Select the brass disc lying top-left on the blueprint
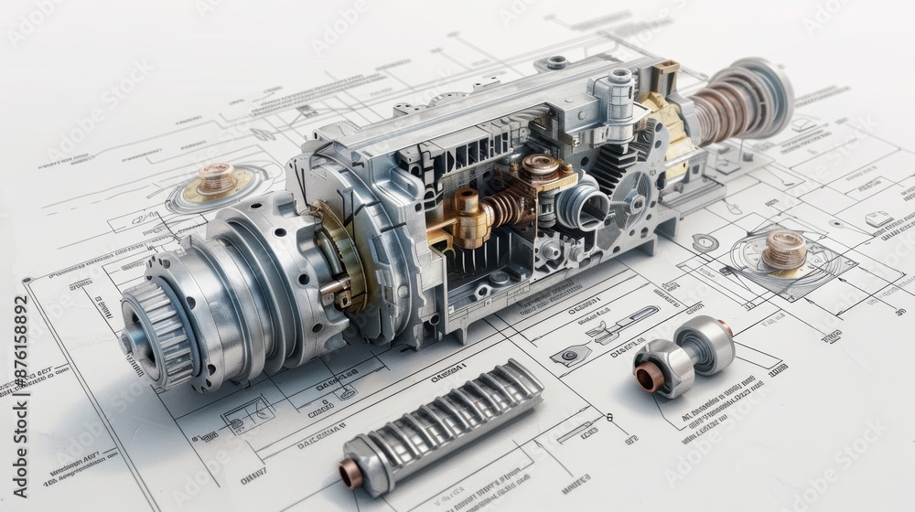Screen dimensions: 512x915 tap(216, 182)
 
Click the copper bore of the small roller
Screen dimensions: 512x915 tap(649, 376)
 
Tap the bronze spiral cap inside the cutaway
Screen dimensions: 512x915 tap(540, 168)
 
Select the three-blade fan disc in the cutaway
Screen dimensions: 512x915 tap(630, 197)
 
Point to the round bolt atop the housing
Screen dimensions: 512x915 tap(555, 63)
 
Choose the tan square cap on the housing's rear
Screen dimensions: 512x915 tap(667, 69)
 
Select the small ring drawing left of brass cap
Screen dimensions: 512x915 tap(704, 243)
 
